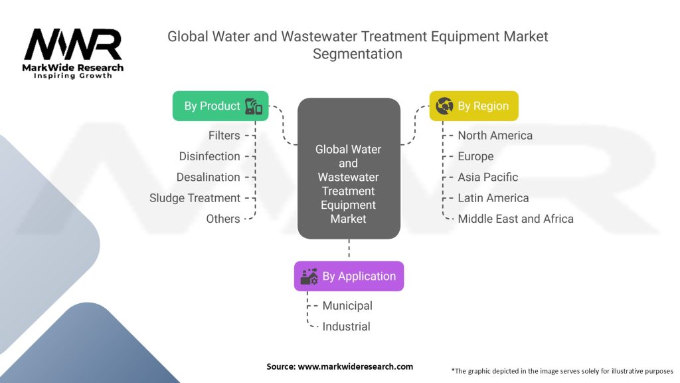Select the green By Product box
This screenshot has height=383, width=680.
220,106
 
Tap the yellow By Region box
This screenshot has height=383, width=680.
473,106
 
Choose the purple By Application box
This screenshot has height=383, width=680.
349,276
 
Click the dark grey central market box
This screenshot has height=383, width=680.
349,169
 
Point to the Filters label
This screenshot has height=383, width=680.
224,136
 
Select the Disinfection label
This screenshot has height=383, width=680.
209,156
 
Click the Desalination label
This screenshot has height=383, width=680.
208,177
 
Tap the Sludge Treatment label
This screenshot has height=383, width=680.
195,198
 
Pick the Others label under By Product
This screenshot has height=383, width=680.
223,219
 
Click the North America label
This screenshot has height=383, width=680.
495,136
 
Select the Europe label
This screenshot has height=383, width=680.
475,156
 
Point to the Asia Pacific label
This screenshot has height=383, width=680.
487,177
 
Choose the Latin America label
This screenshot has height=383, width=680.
493,198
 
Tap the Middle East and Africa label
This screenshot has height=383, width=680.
515,219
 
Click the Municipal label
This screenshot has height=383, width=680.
347,306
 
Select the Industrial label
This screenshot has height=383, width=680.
346,326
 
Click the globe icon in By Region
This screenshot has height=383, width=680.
444,106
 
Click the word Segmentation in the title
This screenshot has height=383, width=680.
357,54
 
